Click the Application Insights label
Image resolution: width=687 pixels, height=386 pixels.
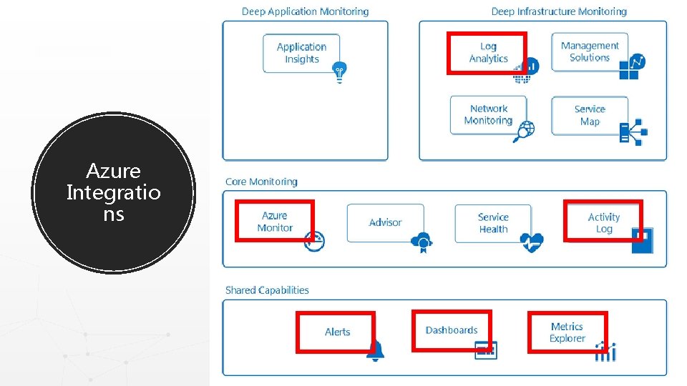[301, 53]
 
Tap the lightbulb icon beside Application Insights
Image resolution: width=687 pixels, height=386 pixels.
[338, 71]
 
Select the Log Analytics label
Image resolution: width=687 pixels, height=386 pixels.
[488, 52]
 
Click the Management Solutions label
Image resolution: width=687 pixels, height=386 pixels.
[590, 51]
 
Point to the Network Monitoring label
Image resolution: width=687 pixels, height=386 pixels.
[488, 114]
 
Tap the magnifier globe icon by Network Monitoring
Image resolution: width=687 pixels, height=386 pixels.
[524, 132]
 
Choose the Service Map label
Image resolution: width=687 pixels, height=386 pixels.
[590, 115]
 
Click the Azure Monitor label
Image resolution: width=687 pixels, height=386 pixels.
[275, 222]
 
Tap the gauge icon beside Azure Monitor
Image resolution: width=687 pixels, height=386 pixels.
[314, 240]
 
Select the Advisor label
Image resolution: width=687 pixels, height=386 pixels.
[385, 222]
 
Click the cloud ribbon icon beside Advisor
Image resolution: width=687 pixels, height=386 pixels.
[422, 242]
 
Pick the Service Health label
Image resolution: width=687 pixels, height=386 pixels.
[493, 223]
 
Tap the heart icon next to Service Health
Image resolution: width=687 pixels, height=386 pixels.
[532, 242]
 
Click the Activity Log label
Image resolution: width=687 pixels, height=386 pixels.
[603, 223]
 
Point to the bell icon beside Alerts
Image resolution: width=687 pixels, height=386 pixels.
[375, 350]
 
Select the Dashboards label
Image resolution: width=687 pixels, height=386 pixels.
[451, 330]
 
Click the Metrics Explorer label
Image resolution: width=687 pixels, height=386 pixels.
[567, 332]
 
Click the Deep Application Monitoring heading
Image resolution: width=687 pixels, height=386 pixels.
[305, 11]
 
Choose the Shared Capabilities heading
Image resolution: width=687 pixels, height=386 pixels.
[267, 290]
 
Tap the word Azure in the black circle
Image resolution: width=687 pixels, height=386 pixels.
[113, 172]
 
